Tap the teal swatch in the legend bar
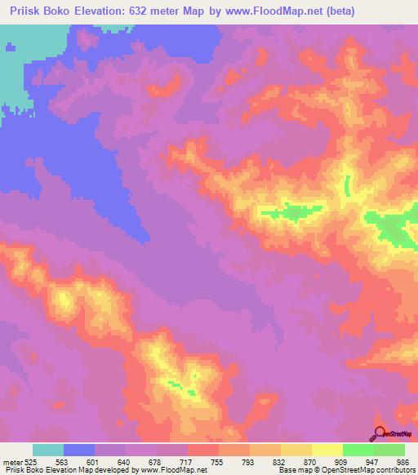tap(48, 450)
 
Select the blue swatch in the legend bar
tap(79, 450)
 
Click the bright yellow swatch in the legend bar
tap(327, 450)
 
